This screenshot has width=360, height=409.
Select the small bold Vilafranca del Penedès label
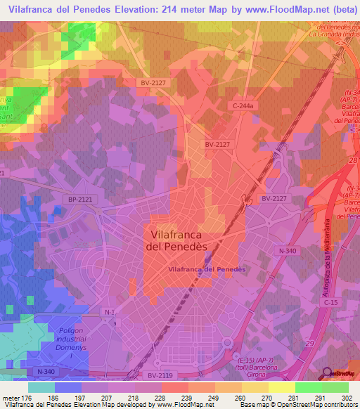[x=206, y=269]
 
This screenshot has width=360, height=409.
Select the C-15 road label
[x=331, y=302]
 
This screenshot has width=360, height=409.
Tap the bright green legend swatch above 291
[x=309, y=387]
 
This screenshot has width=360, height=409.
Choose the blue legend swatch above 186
[x=68, y=387]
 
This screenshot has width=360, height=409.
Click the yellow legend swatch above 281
[x=282, y=387]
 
